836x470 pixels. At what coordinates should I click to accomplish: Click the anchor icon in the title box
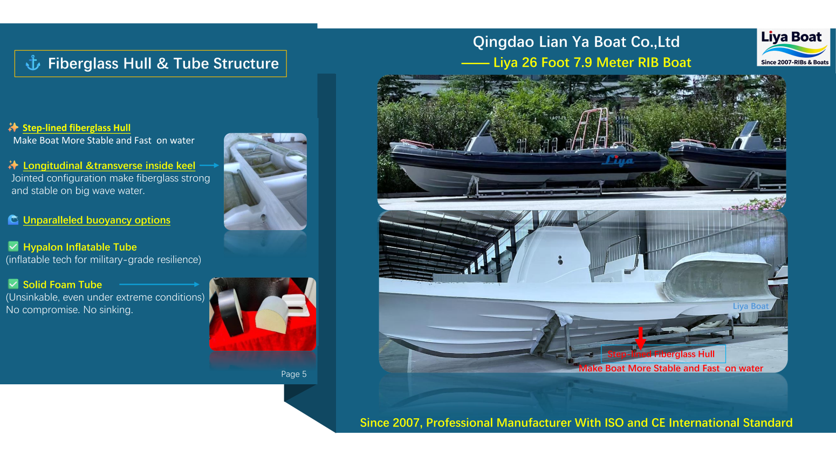pos(33,63)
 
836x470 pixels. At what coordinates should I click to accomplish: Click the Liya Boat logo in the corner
pos(793,47)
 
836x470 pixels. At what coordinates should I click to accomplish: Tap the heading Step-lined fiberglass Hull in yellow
pos(77,128)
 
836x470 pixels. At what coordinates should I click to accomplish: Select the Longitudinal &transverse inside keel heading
pos(109,165)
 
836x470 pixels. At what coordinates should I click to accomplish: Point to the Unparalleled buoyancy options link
pos(97,220)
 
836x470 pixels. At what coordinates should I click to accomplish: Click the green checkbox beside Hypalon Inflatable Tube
pos(13,246)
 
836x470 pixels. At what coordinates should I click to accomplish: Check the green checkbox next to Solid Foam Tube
pos(13,284)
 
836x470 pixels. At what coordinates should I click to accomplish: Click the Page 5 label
pos(293,374)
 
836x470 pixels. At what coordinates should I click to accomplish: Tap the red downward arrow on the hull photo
pos(640,337)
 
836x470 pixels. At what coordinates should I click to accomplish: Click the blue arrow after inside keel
pos(209,165)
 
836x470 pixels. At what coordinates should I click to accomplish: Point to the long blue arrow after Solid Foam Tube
pos(159,284)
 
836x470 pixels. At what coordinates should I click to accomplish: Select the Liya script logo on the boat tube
pos(619,160)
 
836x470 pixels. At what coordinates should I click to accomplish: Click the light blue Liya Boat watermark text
pos(750,306)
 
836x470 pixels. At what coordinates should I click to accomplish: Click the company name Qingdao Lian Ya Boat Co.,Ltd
pos(576,42)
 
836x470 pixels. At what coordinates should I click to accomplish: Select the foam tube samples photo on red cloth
pos(263,314)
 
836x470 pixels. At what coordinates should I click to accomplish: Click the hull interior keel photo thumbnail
pos(265,181)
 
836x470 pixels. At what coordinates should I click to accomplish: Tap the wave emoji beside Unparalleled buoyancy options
pos(13,220)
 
